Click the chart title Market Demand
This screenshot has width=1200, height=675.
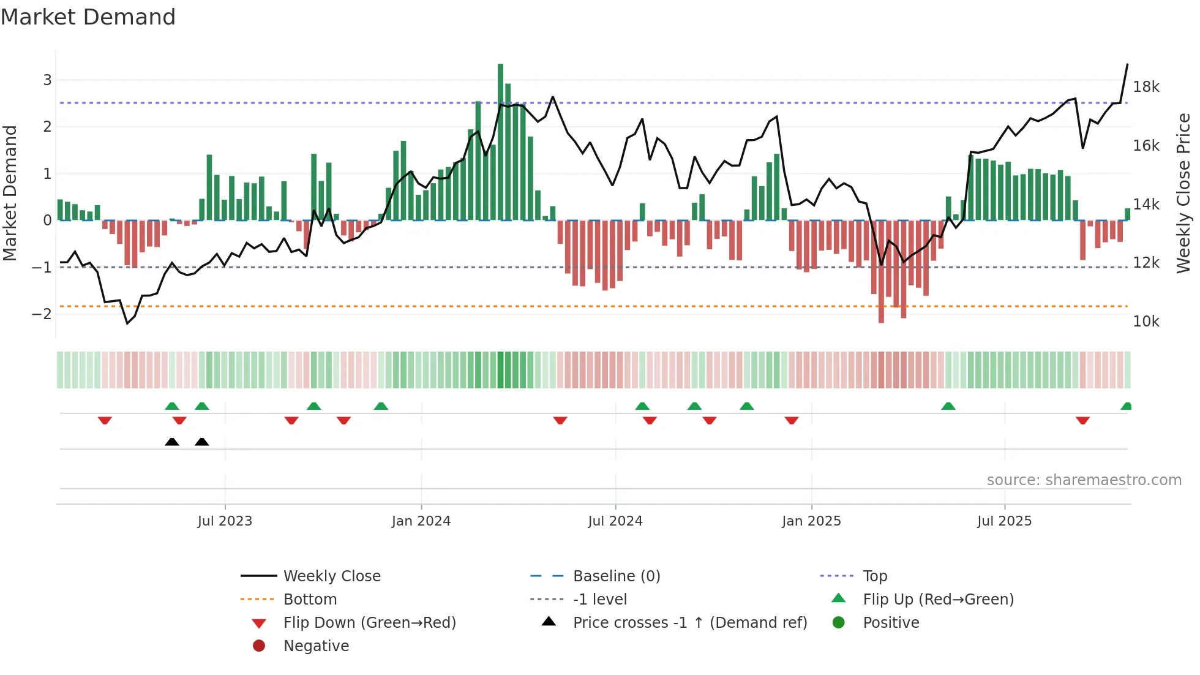[x=88, y=17]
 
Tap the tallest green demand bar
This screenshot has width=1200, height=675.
[x=500, y=141]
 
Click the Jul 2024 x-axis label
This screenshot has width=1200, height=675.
[x=615, y=521]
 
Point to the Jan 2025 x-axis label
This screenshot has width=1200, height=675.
[x=811, y=521]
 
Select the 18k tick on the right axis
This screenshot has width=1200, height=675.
[x=1146, y=87]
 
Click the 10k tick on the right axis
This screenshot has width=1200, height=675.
[x=1146, y=322]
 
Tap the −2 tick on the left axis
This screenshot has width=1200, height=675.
[x=42, y=314]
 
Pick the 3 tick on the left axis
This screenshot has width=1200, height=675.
[x=47, y=80]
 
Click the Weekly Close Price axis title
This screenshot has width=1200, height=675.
[x=1183, y=193]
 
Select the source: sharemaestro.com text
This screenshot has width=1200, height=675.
[x=1084, y=480]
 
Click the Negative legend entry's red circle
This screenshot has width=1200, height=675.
[x=259, y=646]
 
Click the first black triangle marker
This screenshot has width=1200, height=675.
[x=172, y=442]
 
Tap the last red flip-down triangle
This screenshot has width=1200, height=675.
[x=1082, y=420]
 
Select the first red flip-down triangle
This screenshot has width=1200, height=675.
[x=105, y=420]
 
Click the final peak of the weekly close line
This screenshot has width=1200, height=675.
[x=1127, y=64]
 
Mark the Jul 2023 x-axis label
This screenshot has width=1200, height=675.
[x=225, y=521]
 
